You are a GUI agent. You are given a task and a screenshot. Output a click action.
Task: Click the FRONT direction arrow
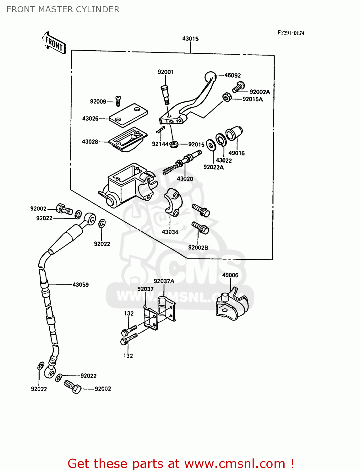(54, 43)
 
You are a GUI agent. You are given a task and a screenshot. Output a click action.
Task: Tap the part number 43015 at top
(190, 39)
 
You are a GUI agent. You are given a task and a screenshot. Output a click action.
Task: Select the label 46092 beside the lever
(232, 75)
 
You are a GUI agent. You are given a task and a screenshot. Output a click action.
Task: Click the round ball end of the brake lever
(210, 77)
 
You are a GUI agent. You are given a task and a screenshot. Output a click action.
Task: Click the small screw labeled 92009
(118, 101)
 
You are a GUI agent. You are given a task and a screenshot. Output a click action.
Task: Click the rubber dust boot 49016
(234, 133)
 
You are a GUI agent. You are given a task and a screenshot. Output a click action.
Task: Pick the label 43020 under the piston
(185, 179)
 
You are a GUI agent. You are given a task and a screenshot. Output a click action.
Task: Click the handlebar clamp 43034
(172, 202)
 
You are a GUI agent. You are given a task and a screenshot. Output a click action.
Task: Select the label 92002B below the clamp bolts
(198, 247)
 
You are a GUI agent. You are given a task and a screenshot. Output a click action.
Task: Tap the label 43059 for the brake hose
(80, 284)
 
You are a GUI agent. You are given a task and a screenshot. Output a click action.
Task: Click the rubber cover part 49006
(232, 305)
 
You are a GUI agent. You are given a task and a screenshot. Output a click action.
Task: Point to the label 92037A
(164, 281)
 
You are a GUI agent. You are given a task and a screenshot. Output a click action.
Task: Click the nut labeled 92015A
(226, 97)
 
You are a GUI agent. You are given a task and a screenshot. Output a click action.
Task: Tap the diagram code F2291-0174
(291, 33)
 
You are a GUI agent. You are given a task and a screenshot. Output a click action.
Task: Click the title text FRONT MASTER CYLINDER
(63, 9)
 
